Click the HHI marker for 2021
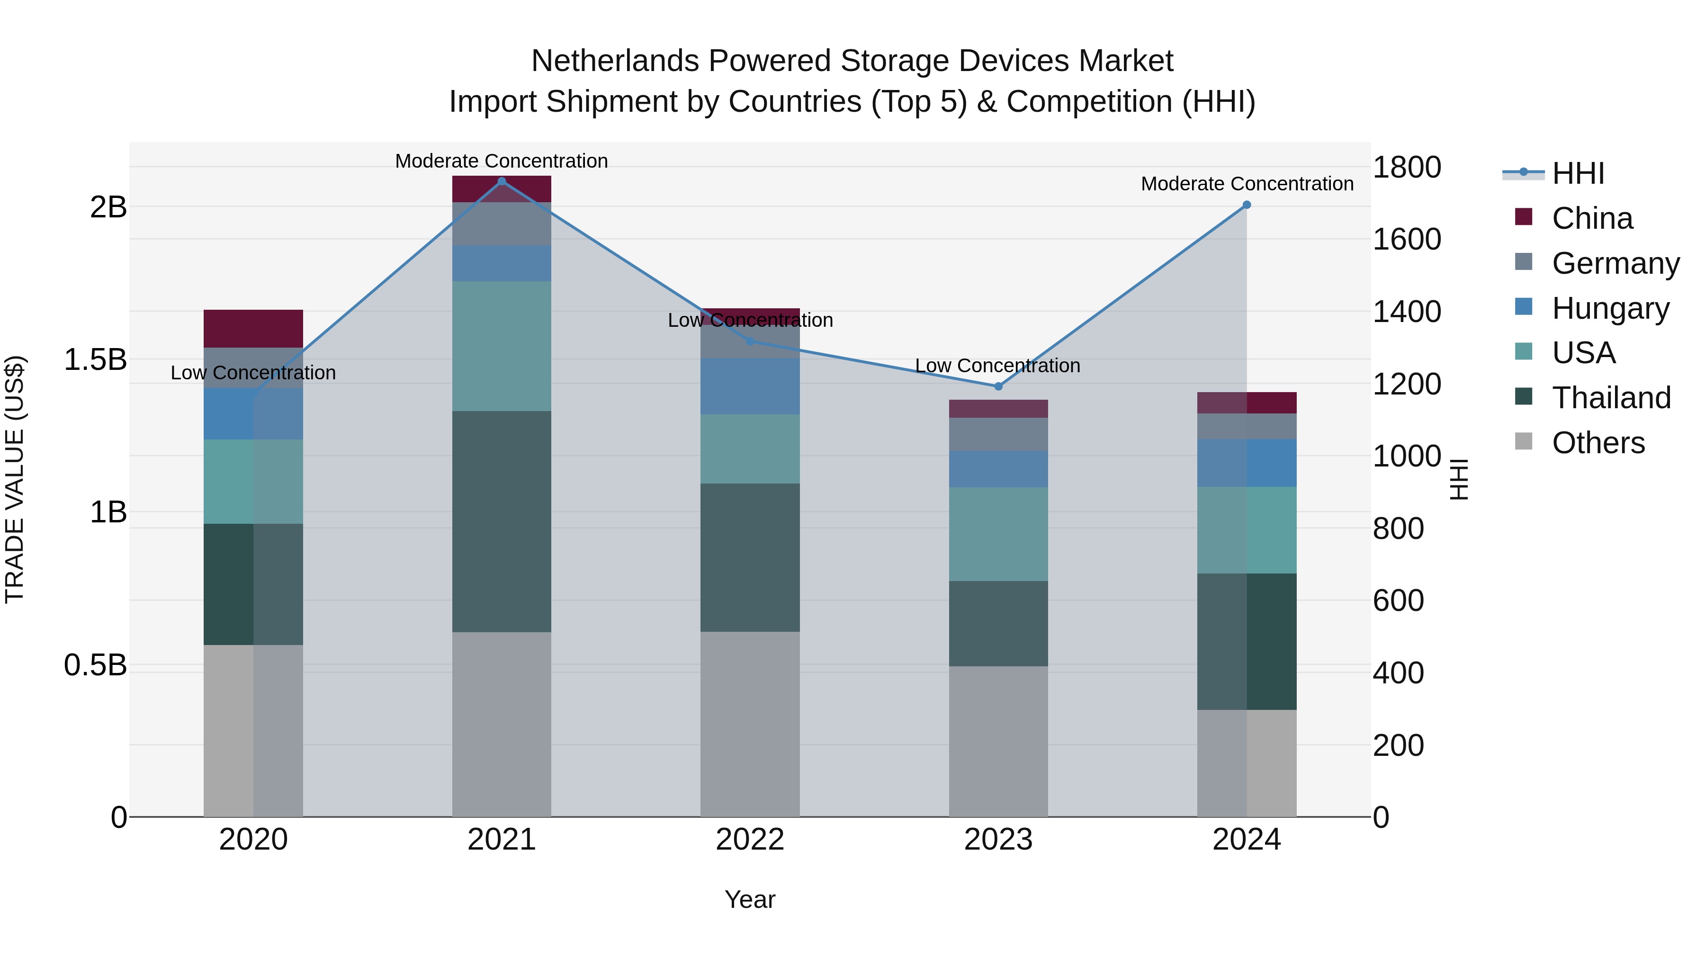[x=501, y=181]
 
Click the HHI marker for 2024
[x=1247, y=205]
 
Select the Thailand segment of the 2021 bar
[x=501, y=521]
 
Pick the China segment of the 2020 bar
[x=253, y=328]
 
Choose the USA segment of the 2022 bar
[x=750, y=449]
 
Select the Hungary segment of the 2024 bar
[x=1247, y=463]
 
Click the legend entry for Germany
[x=1615, y=263]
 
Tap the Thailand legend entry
[x=1611, y=398]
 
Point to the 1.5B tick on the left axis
[x=95, y=360]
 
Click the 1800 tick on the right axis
[x=1407, y=168]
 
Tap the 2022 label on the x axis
[x=750, y=840]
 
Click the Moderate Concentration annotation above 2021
[x=501, y=161]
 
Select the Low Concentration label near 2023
[x=997, y=365]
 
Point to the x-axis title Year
[x=749, y=899]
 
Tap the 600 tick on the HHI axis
[x=1398, y=601]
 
